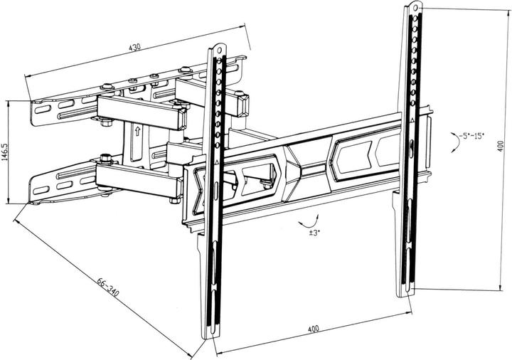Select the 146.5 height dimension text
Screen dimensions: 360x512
(6, 152)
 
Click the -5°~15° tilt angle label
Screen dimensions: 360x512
(471, 134)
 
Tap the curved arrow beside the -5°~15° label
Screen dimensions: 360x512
(452, 142)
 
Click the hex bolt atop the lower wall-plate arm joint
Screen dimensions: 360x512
(106, 157)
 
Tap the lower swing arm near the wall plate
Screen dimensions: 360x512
(139, 178)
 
